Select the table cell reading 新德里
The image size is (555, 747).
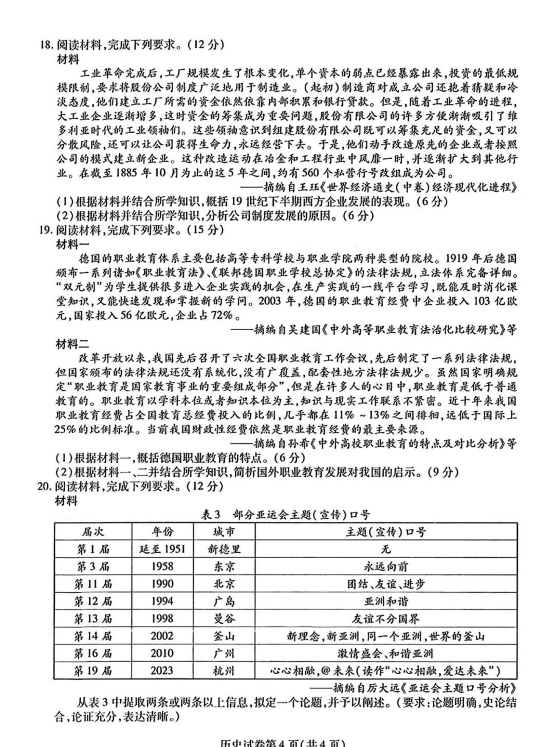point(224,549)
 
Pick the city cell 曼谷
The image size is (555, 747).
point(224,619)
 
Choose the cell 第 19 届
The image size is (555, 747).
point(93,671)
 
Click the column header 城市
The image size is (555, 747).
point(224,532)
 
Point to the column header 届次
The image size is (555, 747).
point(93,532)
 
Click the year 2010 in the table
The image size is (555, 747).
point(162,653)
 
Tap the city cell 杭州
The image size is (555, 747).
point(224,671)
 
